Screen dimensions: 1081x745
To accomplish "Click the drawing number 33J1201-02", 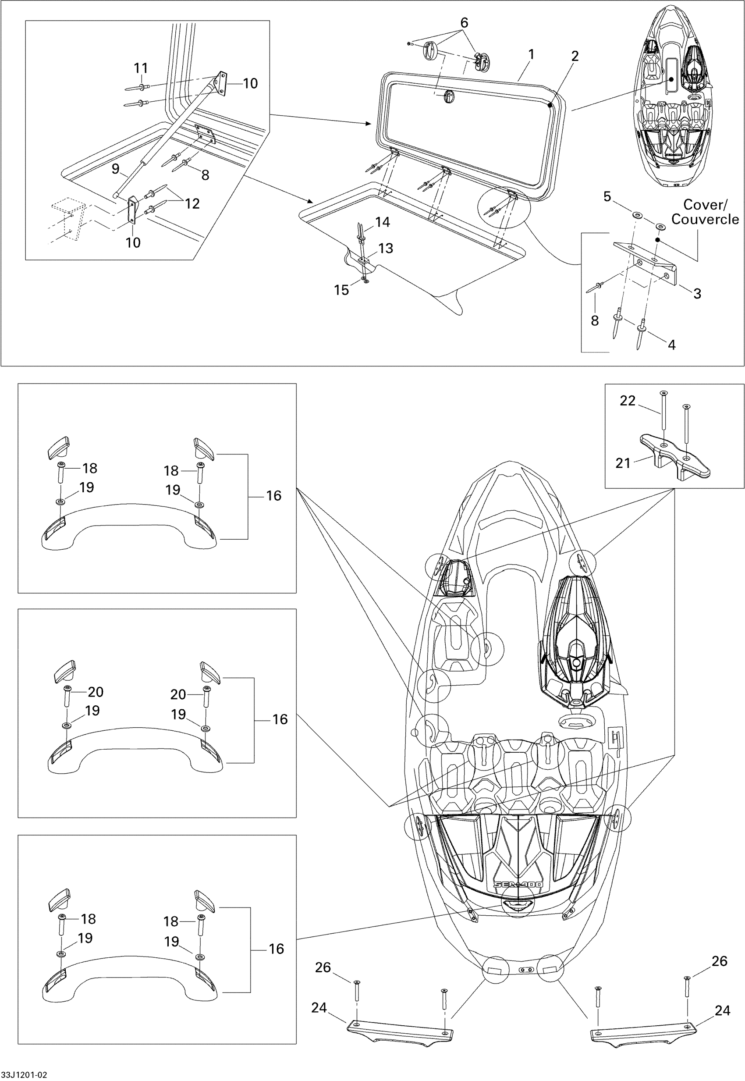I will point(24,1074).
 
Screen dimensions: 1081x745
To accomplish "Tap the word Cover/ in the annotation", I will point(705,205).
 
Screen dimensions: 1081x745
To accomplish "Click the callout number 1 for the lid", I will point(531,55).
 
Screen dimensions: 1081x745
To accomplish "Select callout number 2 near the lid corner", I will point(575,56).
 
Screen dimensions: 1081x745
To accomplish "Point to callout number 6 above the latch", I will point(464,22).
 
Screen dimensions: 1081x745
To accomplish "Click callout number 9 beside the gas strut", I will point(115,169).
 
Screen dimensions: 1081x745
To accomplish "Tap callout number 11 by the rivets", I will point(141,68).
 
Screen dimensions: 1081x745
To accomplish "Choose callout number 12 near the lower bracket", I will point(192,203).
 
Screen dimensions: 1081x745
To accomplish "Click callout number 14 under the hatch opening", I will point(382,222).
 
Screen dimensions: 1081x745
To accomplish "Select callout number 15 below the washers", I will point(341,291).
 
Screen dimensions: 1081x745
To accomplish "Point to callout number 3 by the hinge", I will point(697,294).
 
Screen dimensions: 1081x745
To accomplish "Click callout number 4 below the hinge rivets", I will point(671,345).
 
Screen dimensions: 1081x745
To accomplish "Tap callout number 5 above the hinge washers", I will point(607,196).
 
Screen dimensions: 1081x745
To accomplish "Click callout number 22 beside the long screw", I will point(628,401).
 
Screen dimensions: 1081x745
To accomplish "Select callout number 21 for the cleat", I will point(623,463).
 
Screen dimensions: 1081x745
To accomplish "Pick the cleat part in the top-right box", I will point(674,455).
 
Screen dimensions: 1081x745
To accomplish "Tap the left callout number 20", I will point(96,692).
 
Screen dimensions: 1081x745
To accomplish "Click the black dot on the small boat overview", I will point(671,79).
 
